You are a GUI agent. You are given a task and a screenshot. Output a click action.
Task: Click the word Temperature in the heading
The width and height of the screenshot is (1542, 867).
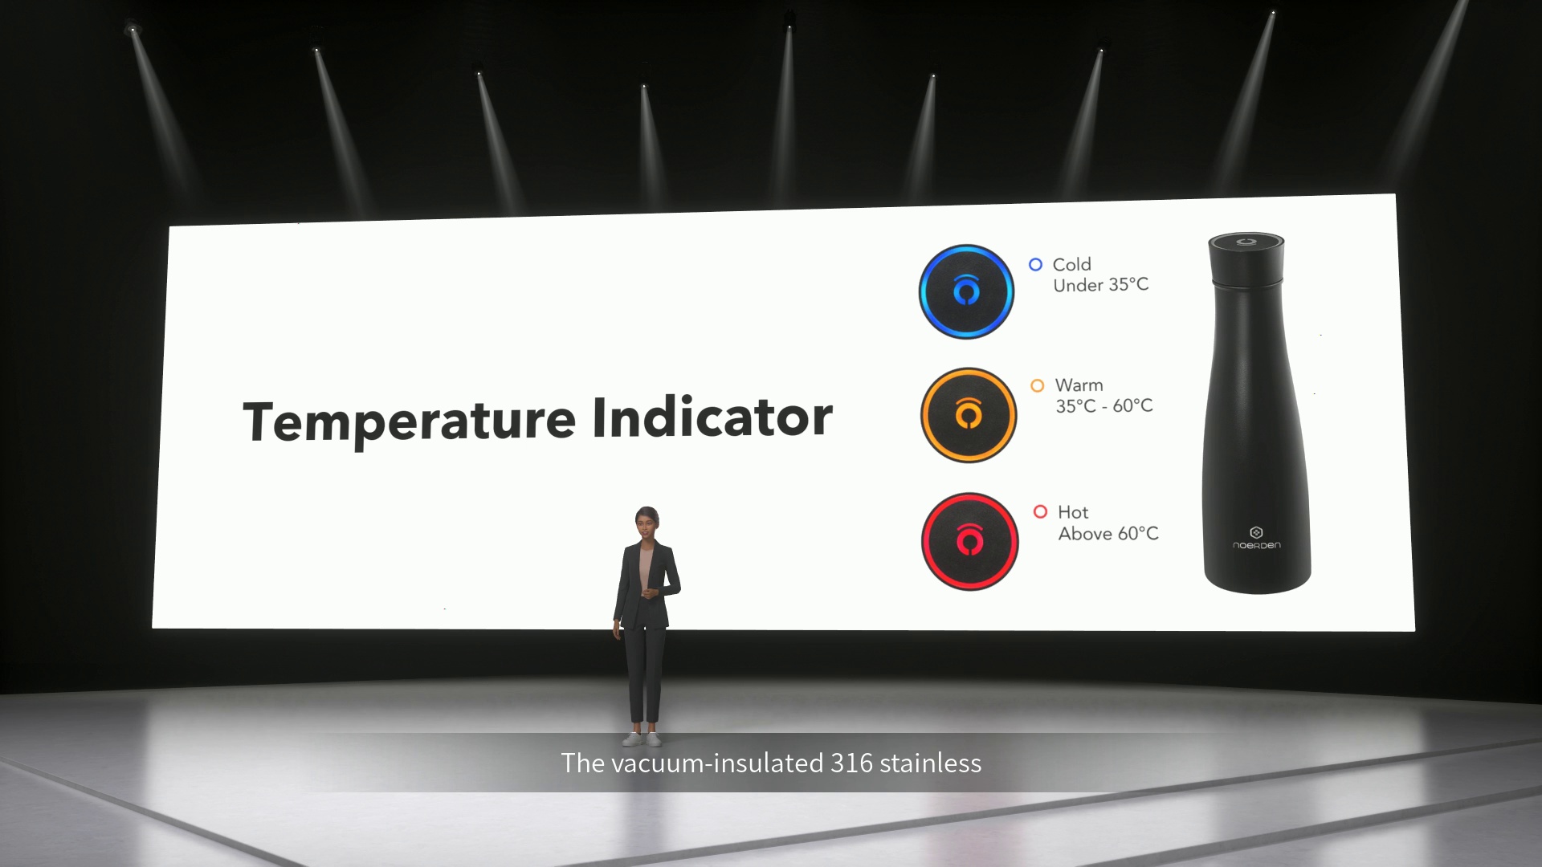(x=410, y=421)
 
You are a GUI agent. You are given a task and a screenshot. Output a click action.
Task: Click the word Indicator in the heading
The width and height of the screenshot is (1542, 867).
(x=712, y=417)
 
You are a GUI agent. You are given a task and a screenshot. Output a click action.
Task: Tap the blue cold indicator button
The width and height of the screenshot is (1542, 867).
(x=966, y=291)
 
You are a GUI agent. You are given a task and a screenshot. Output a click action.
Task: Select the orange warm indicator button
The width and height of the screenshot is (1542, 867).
(x=969, y=415)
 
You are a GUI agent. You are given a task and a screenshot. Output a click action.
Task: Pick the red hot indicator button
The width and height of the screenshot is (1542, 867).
(x=970, y=542)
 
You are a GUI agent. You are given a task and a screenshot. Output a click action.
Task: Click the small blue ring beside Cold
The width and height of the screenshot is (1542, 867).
(x=1036, y=264)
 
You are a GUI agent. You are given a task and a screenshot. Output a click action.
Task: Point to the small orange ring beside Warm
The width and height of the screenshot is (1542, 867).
(x=1038, y=386)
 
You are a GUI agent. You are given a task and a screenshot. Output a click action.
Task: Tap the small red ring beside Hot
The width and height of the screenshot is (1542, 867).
(x=1040, y=511)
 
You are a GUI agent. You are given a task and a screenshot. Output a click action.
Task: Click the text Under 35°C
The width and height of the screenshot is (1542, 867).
(x=1101, y=285)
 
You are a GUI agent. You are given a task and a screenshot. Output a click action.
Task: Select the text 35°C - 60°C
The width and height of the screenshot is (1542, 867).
(x=1104, y=406)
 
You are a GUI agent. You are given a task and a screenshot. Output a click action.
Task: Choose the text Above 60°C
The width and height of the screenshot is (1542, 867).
(x=1108, y=534)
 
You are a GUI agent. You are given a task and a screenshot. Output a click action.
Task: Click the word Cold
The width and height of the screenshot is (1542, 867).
(x=1072, y=264)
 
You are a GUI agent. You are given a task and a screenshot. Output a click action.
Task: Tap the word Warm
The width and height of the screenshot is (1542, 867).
(x=1079, y=385)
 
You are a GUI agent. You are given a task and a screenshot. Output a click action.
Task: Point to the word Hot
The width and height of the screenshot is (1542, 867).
(x=1073, y=512)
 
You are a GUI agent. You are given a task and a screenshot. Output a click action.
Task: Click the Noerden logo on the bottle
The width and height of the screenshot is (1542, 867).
(x=1257, y=538)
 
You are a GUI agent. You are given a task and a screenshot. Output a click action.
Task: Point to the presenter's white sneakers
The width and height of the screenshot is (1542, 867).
(x=643, y=739)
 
